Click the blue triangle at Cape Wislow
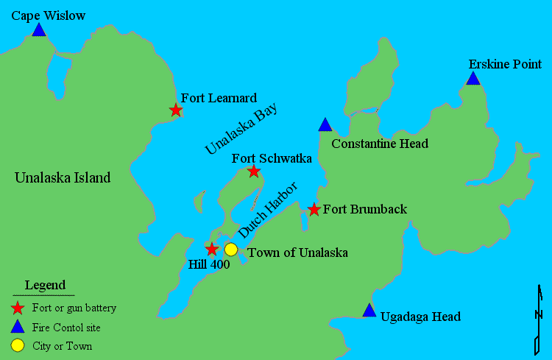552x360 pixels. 39,30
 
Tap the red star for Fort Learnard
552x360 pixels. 176,110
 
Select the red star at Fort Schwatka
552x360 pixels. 254,172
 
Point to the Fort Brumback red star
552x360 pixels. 314,210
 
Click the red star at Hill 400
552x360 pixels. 212,249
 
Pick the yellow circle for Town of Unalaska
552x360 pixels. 231,250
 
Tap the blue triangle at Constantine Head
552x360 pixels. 325,125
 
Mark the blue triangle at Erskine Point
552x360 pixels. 473,79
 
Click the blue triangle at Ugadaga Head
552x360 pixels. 369,311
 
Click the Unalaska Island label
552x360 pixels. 63,177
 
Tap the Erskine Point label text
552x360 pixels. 505,64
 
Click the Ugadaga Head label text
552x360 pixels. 420,317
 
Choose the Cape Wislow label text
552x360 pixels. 49,15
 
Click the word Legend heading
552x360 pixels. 45,285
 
